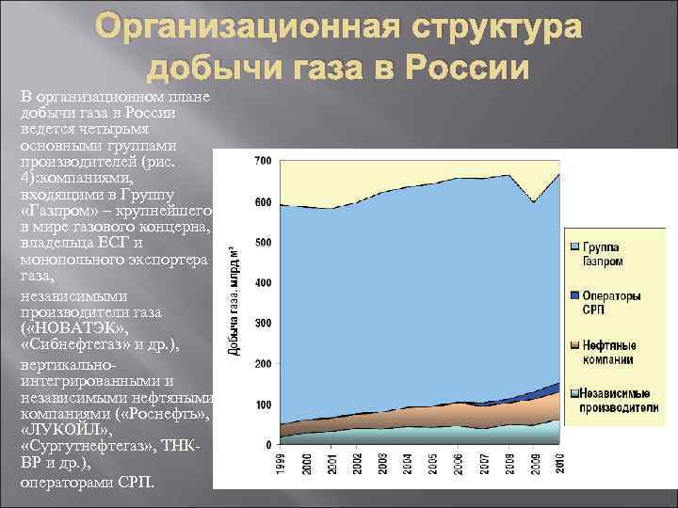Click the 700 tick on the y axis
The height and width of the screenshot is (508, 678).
click(263, 162)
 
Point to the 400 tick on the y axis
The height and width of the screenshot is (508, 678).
click(263, 283)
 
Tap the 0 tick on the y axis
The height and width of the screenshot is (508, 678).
click(267, 444)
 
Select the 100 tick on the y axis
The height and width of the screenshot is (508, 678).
click(263, 405)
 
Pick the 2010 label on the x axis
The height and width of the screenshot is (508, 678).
click(560, 463)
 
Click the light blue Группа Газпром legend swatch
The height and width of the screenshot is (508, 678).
click(576, 246)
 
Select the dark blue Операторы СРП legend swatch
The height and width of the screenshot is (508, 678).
click(576, 295)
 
